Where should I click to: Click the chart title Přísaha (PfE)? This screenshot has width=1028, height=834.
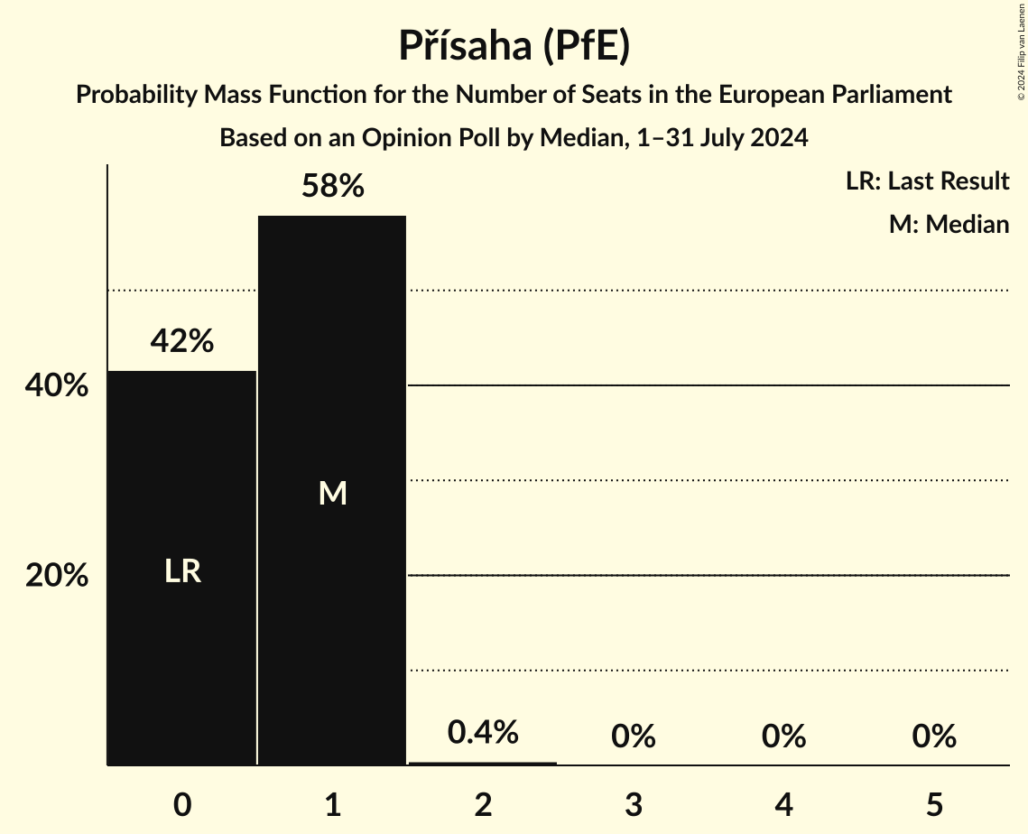[x=514, y=47]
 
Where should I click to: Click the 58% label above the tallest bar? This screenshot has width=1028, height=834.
[x=332, y=187]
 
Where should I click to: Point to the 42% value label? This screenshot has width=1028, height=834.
[x=182, y=341]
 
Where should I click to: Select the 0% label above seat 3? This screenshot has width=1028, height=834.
[x=633, y=737]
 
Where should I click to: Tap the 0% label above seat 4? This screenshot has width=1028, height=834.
[x=783, y=737]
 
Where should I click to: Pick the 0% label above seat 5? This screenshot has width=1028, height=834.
[x=933, y=737]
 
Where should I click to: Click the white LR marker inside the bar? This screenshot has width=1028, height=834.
[x=182, y=571]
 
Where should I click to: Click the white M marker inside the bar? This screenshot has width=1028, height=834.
[x=332, y=493]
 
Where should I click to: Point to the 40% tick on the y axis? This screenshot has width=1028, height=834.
[x=57, y=386]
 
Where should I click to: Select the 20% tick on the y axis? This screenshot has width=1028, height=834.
[x=57, y=576]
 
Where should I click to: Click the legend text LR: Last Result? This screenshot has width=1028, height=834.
[x=927, y=181]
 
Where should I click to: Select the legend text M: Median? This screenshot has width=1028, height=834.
[x=949, y=224]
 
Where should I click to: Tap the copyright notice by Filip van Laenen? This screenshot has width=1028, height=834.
[x=1021, y=50]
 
